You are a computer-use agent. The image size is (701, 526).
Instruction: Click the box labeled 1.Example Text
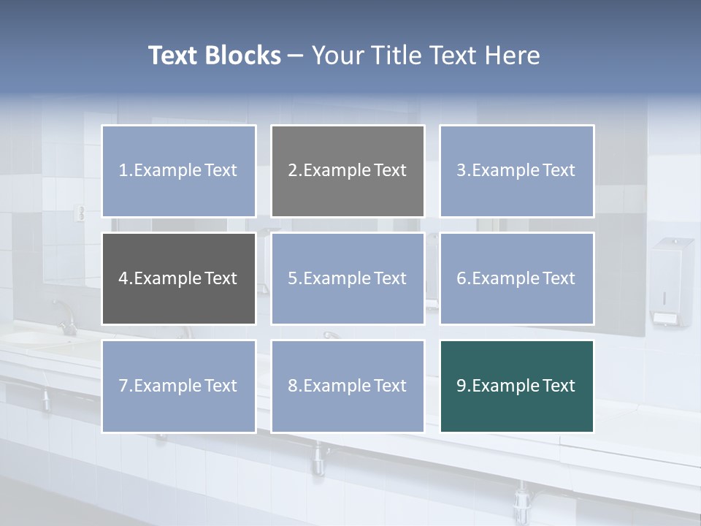click(179, 171)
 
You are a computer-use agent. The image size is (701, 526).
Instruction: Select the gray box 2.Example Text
click(348, 171)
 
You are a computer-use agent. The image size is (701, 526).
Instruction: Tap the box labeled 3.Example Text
click(516, 171)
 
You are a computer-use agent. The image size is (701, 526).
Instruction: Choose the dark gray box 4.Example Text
click(179, 278)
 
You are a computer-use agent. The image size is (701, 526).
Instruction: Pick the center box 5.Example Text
click(348, 278)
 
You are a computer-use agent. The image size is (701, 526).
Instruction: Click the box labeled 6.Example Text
click(516, 278)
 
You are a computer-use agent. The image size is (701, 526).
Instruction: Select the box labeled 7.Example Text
click(179, 386)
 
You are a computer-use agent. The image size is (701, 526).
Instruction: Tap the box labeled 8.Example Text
click(348, 386)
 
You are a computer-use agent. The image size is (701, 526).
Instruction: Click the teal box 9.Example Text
click(516, 386)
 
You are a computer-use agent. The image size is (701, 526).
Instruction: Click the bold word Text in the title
click(173, 56)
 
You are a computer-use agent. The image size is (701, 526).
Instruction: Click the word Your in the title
click(337, 56)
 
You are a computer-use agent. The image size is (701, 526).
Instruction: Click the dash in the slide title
click(296, 56)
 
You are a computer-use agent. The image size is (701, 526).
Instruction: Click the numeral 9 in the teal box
click(461, 386)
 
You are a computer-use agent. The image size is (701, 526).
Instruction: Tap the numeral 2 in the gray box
click(293, 171)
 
